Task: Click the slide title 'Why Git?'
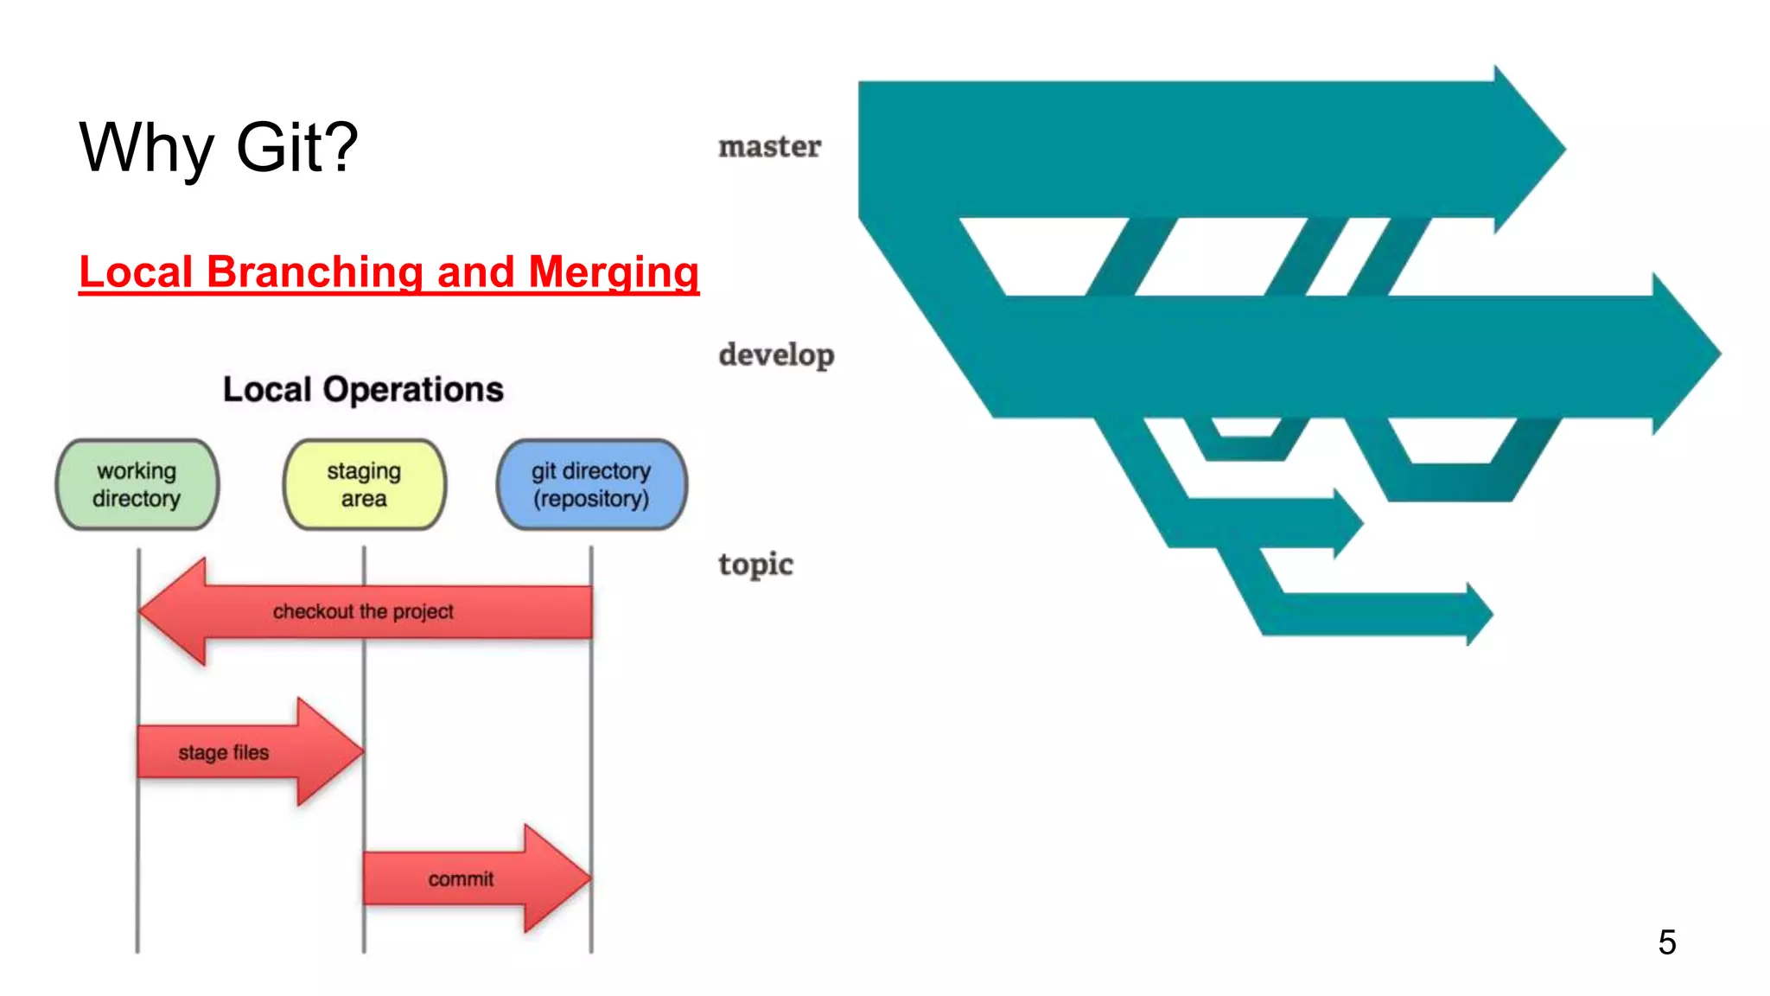[219, 147]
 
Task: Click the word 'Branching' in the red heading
[315, 272]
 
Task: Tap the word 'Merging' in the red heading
[613, 272]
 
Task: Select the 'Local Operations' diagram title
[363, 390]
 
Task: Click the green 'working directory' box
[137, 485]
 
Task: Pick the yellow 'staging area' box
[364, 485]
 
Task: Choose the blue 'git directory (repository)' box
[591, 485]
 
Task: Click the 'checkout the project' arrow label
[363, 611]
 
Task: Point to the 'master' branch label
[769, 147]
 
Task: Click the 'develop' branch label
[776, 354]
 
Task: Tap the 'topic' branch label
[755, 564]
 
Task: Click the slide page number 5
[1666, 942]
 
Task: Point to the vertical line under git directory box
[591, 778]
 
